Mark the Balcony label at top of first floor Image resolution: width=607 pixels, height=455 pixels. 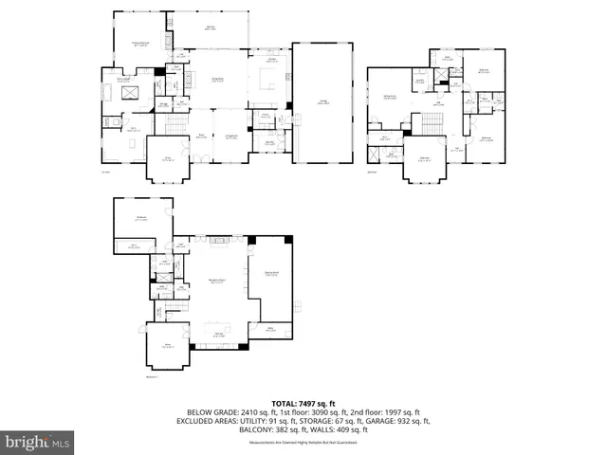pos(209,27)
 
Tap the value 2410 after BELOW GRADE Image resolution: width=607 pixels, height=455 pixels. pos(250,413)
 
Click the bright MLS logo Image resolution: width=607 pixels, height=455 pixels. pos(38,442)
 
